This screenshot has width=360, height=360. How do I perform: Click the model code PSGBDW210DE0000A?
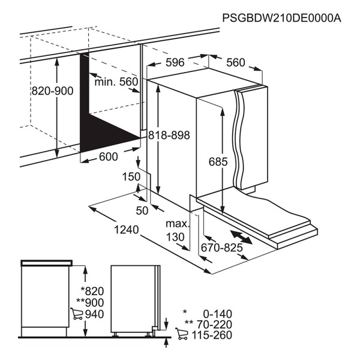point(282,18)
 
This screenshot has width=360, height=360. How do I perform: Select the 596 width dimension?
point(175,62)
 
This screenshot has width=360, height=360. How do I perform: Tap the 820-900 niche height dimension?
point(52,91)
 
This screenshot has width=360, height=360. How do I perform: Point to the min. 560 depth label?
point(116,82)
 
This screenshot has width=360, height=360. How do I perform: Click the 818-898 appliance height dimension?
point(169,135)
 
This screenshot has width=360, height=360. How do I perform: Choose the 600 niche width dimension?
point(109,157)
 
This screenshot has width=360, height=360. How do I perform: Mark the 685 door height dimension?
point(218,161)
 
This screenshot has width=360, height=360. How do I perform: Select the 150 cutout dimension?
point(131,177)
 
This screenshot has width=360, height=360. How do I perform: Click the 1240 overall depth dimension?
point(126,230)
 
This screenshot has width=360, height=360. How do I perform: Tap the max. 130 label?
point(178,230)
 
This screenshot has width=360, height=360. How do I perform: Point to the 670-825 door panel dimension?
point(221,248)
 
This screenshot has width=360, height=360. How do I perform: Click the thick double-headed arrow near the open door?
point(241,238)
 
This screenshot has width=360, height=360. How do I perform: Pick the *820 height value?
point(92,291)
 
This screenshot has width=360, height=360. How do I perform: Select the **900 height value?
point(90,302)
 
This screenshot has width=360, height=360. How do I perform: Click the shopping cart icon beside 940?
point(77,314)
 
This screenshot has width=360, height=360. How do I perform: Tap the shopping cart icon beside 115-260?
point(182,334)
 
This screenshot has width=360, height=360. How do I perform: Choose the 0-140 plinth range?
point(217,314)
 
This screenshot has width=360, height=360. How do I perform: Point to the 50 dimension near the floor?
point(142,211)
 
